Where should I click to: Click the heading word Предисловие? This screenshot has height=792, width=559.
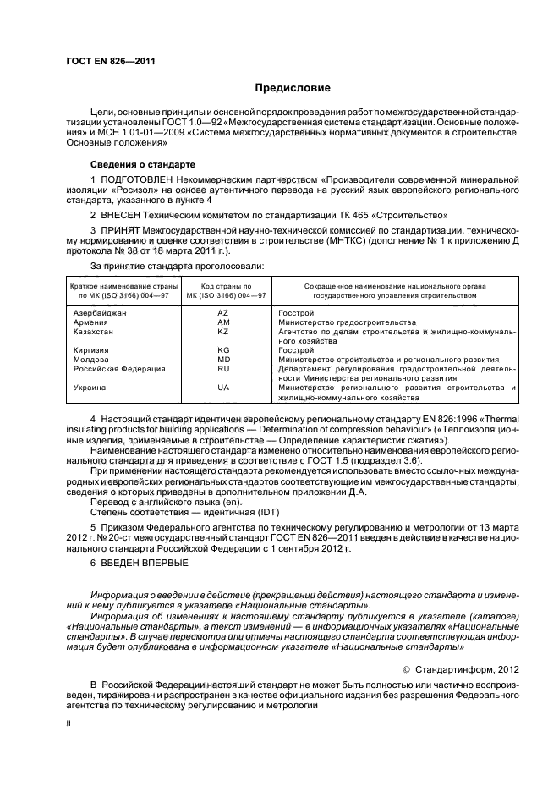point(293,88)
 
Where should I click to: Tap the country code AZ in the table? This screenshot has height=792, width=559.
point(223,313)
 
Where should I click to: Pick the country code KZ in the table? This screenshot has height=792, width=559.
point(223,332)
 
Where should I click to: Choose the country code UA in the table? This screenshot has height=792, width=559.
point(223,387)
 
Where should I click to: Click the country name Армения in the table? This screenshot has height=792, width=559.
point(90,322)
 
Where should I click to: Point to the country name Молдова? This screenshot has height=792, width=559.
point(90,359)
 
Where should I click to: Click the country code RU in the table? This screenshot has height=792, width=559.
point(223,368)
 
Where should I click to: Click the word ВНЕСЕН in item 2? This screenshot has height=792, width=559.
point(123,216)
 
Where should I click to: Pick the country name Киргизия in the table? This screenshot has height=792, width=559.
point(91,349)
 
